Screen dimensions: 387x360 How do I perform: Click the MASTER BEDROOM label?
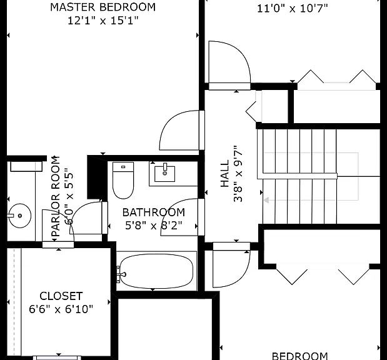click(103, 7)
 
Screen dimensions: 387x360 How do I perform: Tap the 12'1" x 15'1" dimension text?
click(103, 21)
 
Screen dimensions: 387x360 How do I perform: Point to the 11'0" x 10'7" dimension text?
click(293, 9)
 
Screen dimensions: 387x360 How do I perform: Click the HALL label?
click(224, 174)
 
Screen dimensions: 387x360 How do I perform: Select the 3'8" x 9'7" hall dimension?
click(238, 174)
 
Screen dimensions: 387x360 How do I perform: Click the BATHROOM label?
click(154, 212)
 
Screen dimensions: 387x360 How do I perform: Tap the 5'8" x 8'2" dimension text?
click(154, 225)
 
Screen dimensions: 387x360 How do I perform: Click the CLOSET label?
click(61, 296)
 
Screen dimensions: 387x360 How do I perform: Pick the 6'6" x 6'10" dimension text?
click(61, 309)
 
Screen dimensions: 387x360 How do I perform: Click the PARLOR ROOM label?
click(56, 196)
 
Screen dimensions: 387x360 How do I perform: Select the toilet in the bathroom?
click(123, 181)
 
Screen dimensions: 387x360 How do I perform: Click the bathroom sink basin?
click(164, 174)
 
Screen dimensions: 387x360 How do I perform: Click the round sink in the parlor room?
click(20, 216)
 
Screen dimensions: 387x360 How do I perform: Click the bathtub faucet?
click(121, 274)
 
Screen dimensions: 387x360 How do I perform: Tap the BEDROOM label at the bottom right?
click(300, 356)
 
